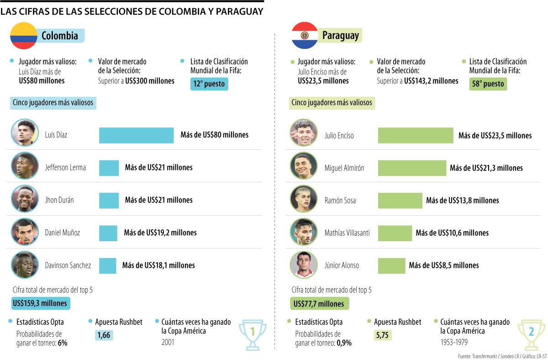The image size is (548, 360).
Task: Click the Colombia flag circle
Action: tap(24, 35)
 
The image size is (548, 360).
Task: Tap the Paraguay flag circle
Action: tap(305, 35)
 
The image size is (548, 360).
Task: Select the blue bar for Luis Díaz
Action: tap(136, 135)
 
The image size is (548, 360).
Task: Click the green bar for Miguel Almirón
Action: tap(412, 168)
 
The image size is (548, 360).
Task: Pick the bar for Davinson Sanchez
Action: tap(108, 265)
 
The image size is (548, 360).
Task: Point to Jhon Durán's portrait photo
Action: tap(25, 200)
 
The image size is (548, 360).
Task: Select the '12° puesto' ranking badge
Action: tap(209, 84)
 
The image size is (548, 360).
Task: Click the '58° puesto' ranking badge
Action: tap(488, 84)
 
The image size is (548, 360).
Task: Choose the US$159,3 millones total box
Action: tap(41, 303)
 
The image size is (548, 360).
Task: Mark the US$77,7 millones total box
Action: tap(319, 303)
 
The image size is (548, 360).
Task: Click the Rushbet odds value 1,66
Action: tap(104, 335)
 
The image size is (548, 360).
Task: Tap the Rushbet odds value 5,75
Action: tap(383, 335)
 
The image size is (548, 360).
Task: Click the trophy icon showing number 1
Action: tap(253, 334)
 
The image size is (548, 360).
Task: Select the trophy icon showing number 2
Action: tap(531, 334)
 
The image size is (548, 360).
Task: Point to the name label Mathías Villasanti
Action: tap(347, 233)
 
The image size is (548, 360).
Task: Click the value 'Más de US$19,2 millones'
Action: tap(160, 233)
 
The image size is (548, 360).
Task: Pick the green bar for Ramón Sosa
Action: tap(400, 200)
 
